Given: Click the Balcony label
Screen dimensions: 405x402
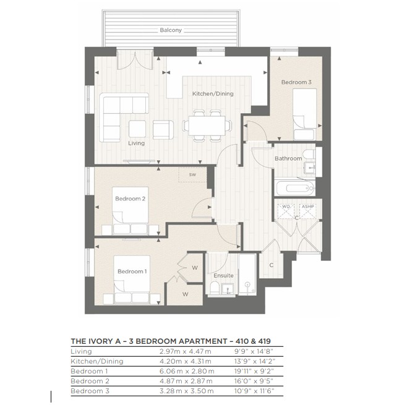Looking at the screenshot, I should click(171, 30).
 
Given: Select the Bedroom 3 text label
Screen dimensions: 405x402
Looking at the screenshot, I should click(296, 82).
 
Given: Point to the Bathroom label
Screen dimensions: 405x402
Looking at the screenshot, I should click(288, 159).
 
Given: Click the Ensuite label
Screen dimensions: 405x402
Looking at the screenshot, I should click(223, 275).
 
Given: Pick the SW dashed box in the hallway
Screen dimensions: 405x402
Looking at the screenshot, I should click(192, 176).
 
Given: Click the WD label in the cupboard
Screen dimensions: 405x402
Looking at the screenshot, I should click(286, 207).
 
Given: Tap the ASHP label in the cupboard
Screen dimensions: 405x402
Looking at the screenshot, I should click(307, 207).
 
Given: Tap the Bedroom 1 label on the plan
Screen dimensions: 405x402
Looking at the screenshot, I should click(132, 271).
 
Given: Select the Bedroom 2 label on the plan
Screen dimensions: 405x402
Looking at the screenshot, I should click(130, 198).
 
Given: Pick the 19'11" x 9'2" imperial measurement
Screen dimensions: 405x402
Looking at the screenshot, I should click(254, 371).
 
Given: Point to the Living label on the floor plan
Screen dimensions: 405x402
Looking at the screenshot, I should click(136, 143).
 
